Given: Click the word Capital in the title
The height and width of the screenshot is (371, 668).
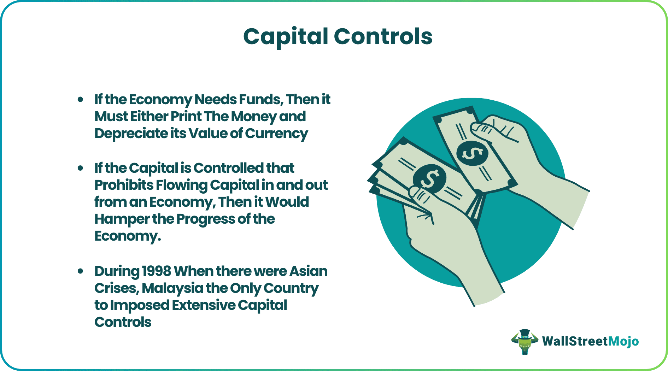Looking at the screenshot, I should [x=286, y=37].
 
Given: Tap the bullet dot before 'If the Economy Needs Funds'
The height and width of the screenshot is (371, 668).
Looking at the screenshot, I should [x=81, y=100].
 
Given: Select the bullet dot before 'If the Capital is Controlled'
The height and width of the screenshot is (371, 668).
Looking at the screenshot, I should [x=81, y=168].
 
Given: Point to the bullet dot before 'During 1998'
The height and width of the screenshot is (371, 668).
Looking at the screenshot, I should [x=81, y=271].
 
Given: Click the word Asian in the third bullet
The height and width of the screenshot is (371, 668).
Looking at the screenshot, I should [x=308, y=271].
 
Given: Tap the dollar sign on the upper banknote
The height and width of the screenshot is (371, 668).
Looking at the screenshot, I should [x=472, y=154].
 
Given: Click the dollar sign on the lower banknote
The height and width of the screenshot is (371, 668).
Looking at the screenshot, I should [x=429, y=178].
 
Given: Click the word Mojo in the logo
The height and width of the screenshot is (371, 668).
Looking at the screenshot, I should [x=623, y=341].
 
